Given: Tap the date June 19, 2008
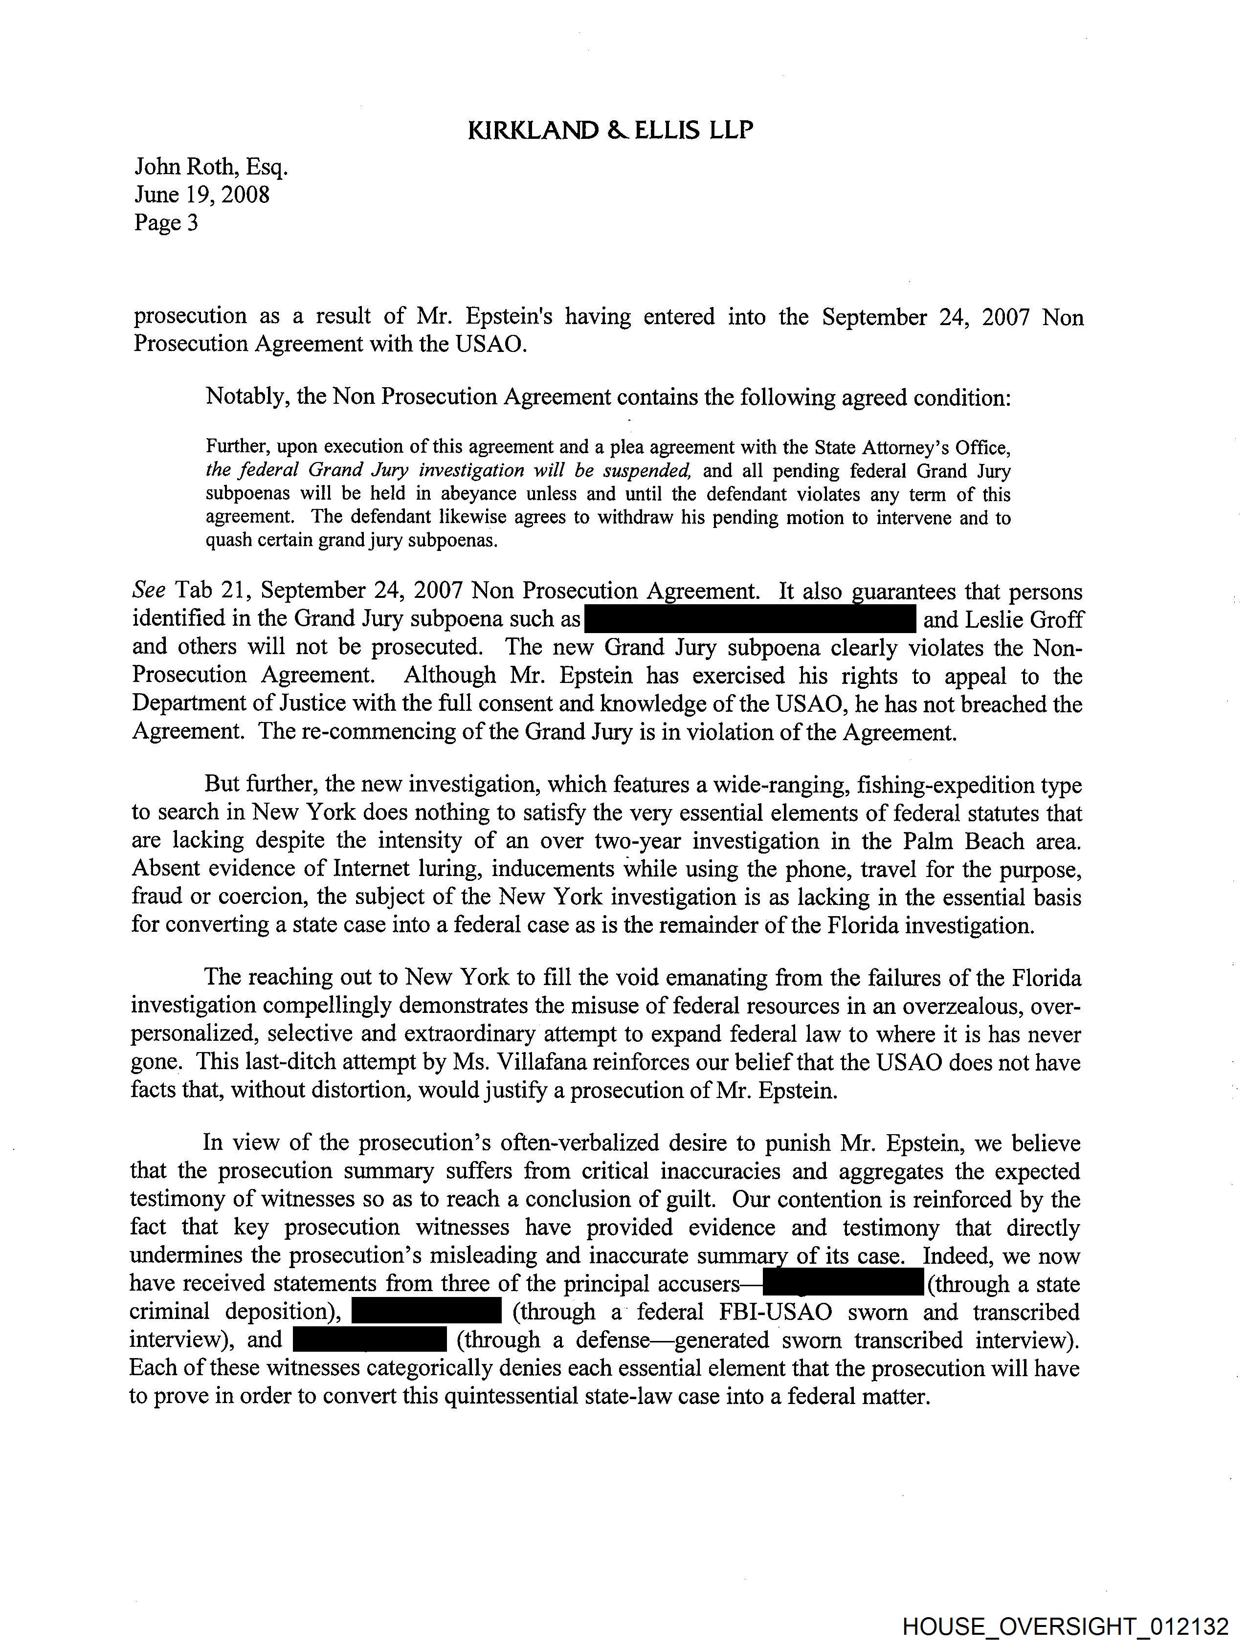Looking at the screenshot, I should [x=202, y=195].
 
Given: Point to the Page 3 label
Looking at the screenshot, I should [x=166, y=222].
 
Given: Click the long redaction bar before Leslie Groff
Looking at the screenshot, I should [x=750, y=619].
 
